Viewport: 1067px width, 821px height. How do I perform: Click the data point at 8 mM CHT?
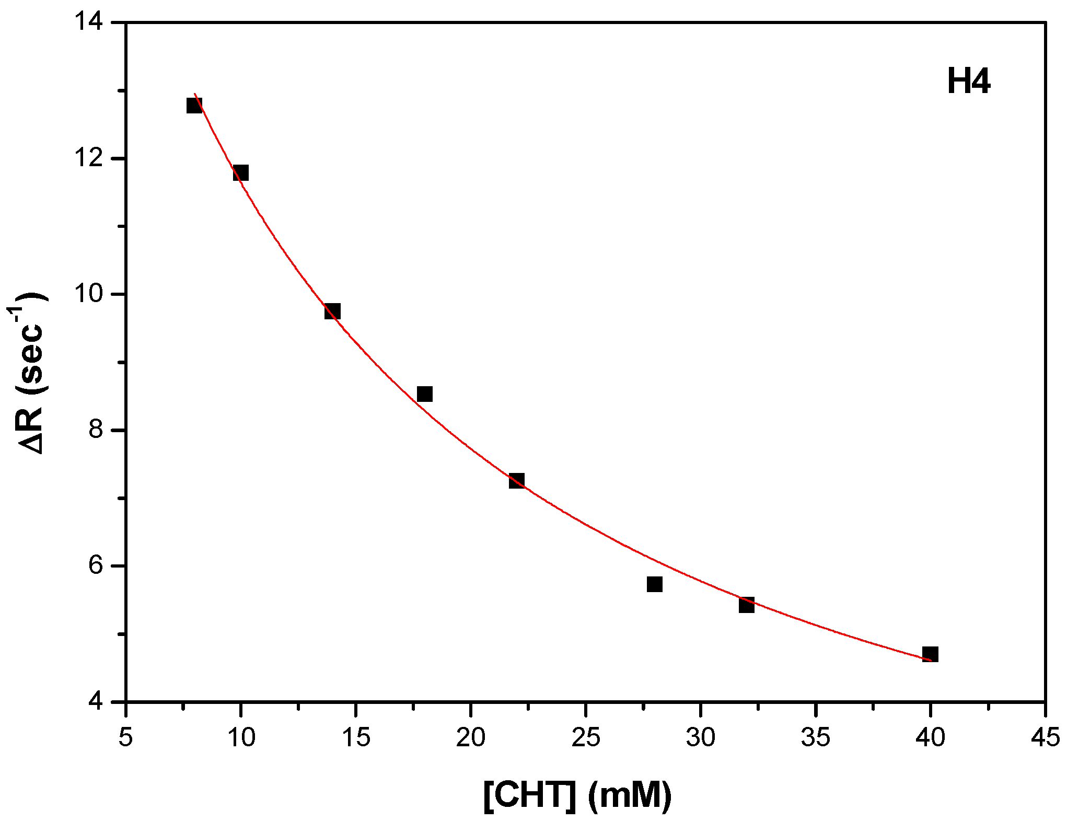tap(194, 106)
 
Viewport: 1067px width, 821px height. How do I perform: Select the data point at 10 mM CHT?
tap(240, 172)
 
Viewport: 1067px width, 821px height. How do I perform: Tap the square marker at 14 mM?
tap(332, 311)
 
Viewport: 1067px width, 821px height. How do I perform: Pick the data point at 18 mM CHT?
tap(425, 394)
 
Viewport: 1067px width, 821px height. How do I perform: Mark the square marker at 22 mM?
tap(516, 481)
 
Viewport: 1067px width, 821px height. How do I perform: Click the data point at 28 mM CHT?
tap(655, 584)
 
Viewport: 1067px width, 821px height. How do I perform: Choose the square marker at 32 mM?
tap(747, 605)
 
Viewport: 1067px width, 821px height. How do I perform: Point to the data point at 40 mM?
tap(930, 654)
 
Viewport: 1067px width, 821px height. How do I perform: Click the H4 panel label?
tap(968, 83)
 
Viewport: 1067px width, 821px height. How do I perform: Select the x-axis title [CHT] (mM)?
tap(577, 795)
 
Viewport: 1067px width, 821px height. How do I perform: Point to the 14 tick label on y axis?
tap(92, 24)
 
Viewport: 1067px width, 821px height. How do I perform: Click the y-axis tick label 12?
tap(92, 159)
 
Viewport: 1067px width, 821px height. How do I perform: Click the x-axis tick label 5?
tap(125, 737)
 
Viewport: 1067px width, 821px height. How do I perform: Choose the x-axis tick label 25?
tap(585, 737)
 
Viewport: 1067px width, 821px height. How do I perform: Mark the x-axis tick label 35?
tap(815, 737)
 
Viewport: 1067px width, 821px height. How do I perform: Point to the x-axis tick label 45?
tap(1045, 737)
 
